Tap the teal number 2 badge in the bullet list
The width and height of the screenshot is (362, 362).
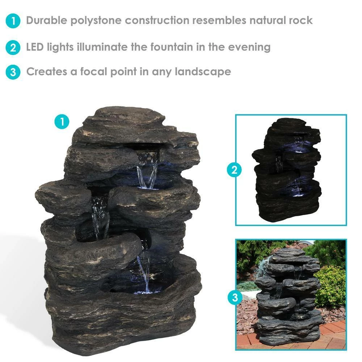13,47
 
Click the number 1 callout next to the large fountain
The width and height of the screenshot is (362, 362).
62,122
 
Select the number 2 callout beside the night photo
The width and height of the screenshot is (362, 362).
234,169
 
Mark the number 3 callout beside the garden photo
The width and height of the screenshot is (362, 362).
234,298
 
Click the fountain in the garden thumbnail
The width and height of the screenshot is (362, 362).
288,297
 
